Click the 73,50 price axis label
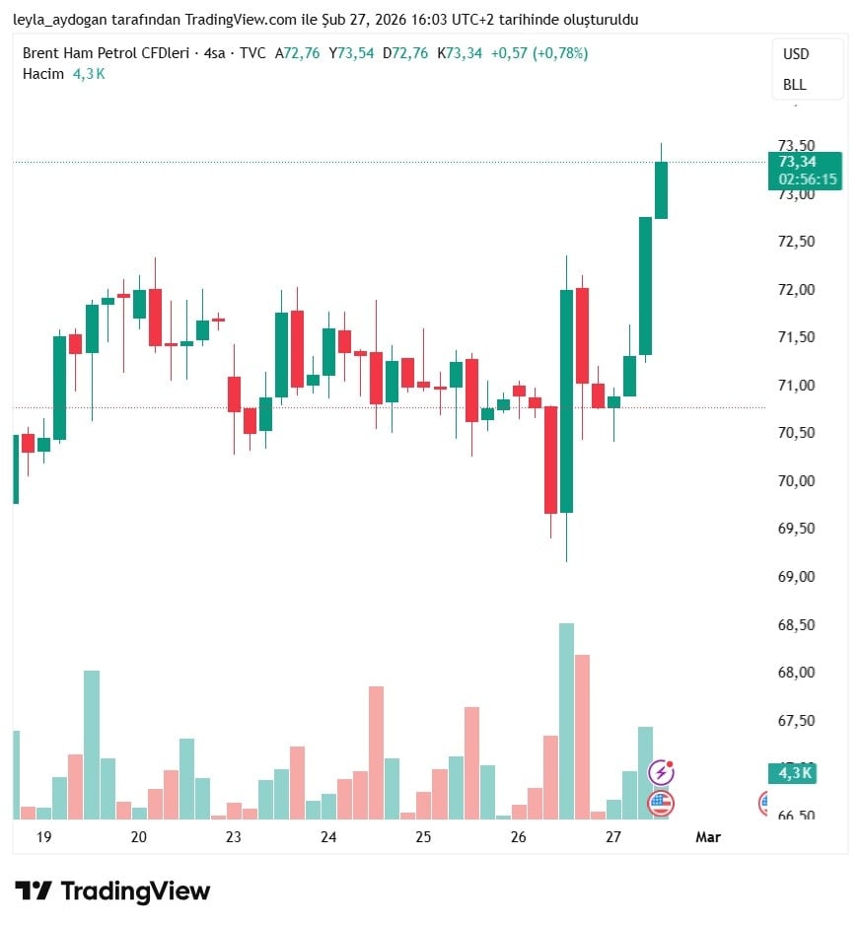[797, 146]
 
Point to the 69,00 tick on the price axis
[797, 576]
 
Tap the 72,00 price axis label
[797, 290]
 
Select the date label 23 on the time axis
[234, 837]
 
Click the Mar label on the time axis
[708, 837]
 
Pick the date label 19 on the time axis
[43, 837]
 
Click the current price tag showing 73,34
[798, 163]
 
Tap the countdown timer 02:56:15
[808, 179]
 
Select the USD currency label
[796, 54]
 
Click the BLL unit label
[795, 85]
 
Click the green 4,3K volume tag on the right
[795, 773]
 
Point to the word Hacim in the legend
[43, 73]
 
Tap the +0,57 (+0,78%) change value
[539, 53]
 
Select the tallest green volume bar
[566, 720]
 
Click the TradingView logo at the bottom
[112, 892]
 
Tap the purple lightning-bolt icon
[661, 772]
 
